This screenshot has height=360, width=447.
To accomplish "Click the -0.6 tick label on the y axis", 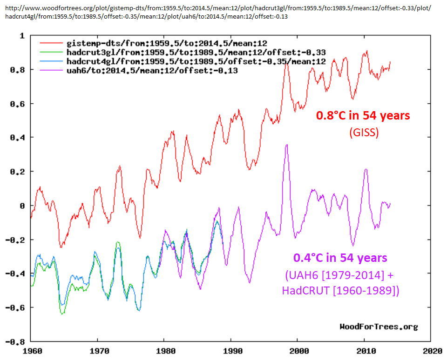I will click(x=15, y=307).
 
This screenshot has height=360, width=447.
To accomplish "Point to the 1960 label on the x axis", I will click(x=31, y=351).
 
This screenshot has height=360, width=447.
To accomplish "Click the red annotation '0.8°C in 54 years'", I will click(x=363, y=116).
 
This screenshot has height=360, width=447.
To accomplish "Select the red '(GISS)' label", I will click(x=364, y=133).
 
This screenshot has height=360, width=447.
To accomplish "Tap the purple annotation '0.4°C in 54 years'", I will click(x=340, y=258).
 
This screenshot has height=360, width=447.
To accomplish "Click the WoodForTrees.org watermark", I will click(x=378, y=327).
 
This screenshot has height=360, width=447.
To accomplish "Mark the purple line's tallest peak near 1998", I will click(x=286, y=145).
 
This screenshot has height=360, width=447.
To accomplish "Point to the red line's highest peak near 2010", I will click(x=366, y=51).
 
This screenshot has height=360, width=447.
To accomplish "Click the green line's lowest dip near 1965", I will click(x=62, y=314).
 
